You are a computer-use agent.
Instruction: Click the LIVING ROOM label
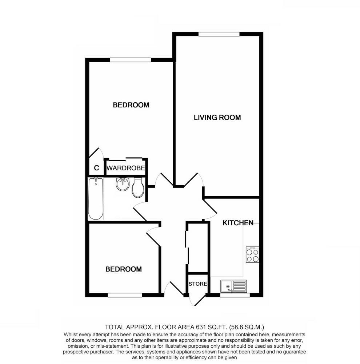click(x=217, y=117)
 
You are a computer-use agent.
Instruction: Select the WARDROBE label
click(x=126, y=169)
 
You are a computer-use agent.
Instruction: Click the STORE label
click(x=198, y=284)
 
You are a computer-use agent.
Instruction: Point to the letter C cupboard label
click(x=96, y=168)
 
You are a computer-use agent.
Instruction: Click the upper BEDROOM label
click(x=131, y=105)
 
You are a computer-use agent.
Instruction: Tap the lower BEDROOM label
click(x=123, y=269)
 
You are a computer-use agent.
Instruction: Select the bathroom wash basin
click(x=123, y=184)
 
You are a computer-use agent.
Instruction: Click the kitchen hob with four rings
click(x=253, y=255)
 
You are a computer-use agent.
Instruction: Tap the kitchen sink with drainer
click(x=233, y=286)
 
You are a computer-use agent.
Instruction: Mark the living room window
click(x=219, y=34)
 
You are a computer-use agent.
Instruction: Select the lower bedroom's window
click(x=125, y=295)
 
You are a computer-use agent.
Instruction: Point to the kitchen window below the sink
click(x=235, y=295)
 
